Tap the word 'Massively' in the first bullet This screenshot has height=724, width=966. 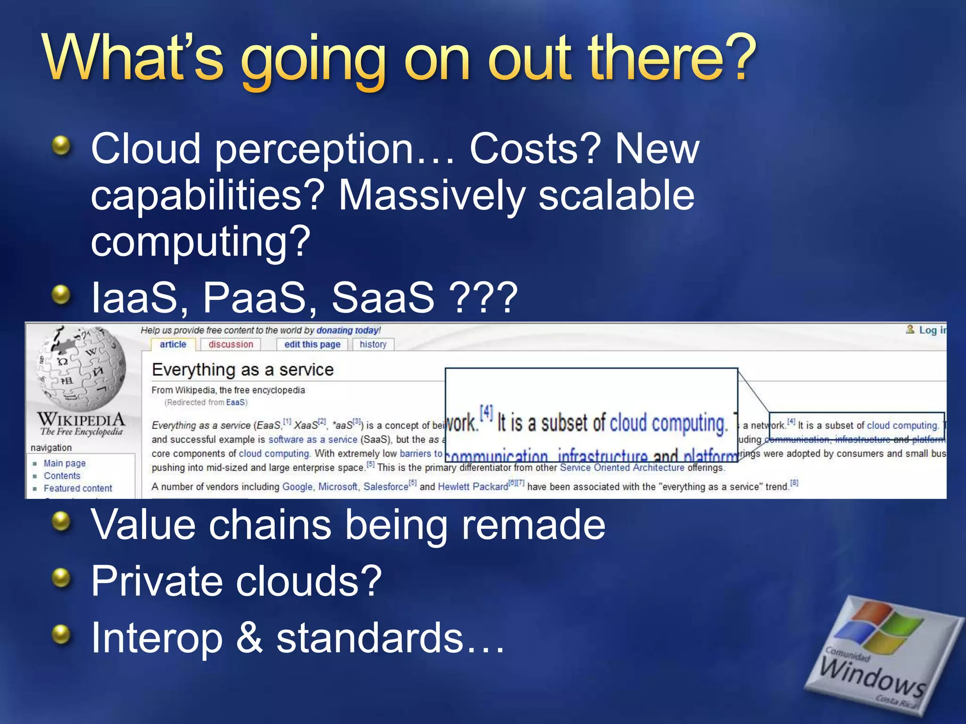[x=432, y=195]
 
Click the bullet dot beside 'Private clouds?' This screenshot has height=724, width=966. [x=61, y=577]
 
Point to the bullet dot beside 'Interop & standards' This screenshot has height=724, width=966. [x=61, y=634]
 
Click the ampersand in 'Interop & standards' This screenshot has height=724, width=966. [x=249, y=637]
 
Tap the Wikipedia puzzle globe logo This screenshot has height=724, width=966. [x=81, y=368]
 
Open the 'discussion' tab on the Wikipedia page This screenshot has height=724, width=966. [x=231, y=345]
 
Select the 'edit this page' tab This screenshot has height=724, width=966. [x=312, y=345]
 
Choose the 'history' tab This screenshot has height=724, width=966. [x=373, y=345]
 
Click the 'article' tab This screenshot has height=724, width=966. [x=173, y=345]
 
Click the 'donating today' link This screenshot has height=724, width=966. [x=348, y=330]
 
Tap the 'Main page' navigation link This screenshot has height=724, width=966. [x=65, y=463]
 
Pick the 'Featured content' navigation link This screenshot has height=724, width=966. [x=78, y=488]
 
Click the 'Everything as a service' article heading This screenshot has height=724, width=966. [x=242, y=370]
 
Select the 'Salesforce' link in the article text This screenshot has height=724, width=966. [x=385, y=487]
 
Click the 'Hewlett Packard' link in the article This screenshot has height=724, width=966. [x=473, y=487]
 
